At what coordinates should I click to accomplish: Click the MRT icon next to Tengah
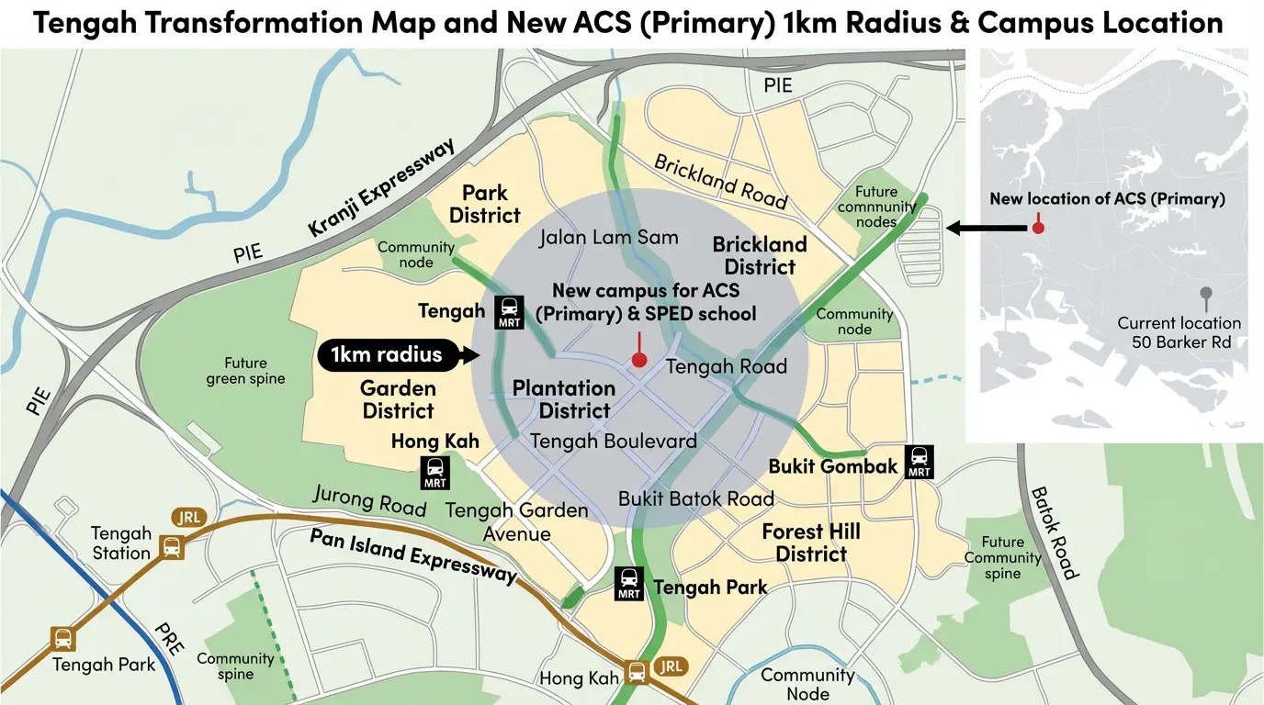(509, 312)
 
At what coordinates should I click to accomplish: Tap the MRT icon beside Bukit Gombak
(919, 461)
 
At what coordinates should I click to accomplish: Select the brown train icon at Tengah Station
(171, 547)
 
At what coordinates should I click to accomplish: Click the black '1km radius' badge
(387, 355)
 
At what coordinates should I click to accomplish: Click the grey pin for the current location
(1205, 296)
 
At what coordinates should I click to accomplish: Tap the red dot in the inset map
(1038, 227)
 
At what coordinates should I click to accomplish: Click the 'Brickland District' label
(760, 256)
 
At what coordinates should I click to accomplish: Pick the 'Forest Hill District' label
(811, 543)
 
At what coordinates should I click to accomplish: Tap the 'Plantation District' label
(563, 399)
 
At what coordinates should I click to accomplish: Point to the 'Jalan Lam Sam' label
(608, 238)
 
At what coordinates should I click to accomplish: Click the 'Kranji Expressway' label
(380, 188)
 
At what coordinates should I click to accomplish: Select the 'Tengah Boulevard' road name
(614, 441)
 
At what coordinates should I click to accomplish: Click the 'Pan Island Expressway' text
(413, 556)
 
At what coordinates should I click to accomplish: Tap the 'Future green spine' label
(245, 371)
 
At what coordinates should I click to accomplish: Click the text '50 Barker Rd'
(1180, 342)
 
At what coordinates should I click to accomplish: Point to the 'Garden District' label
(398, 399)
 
